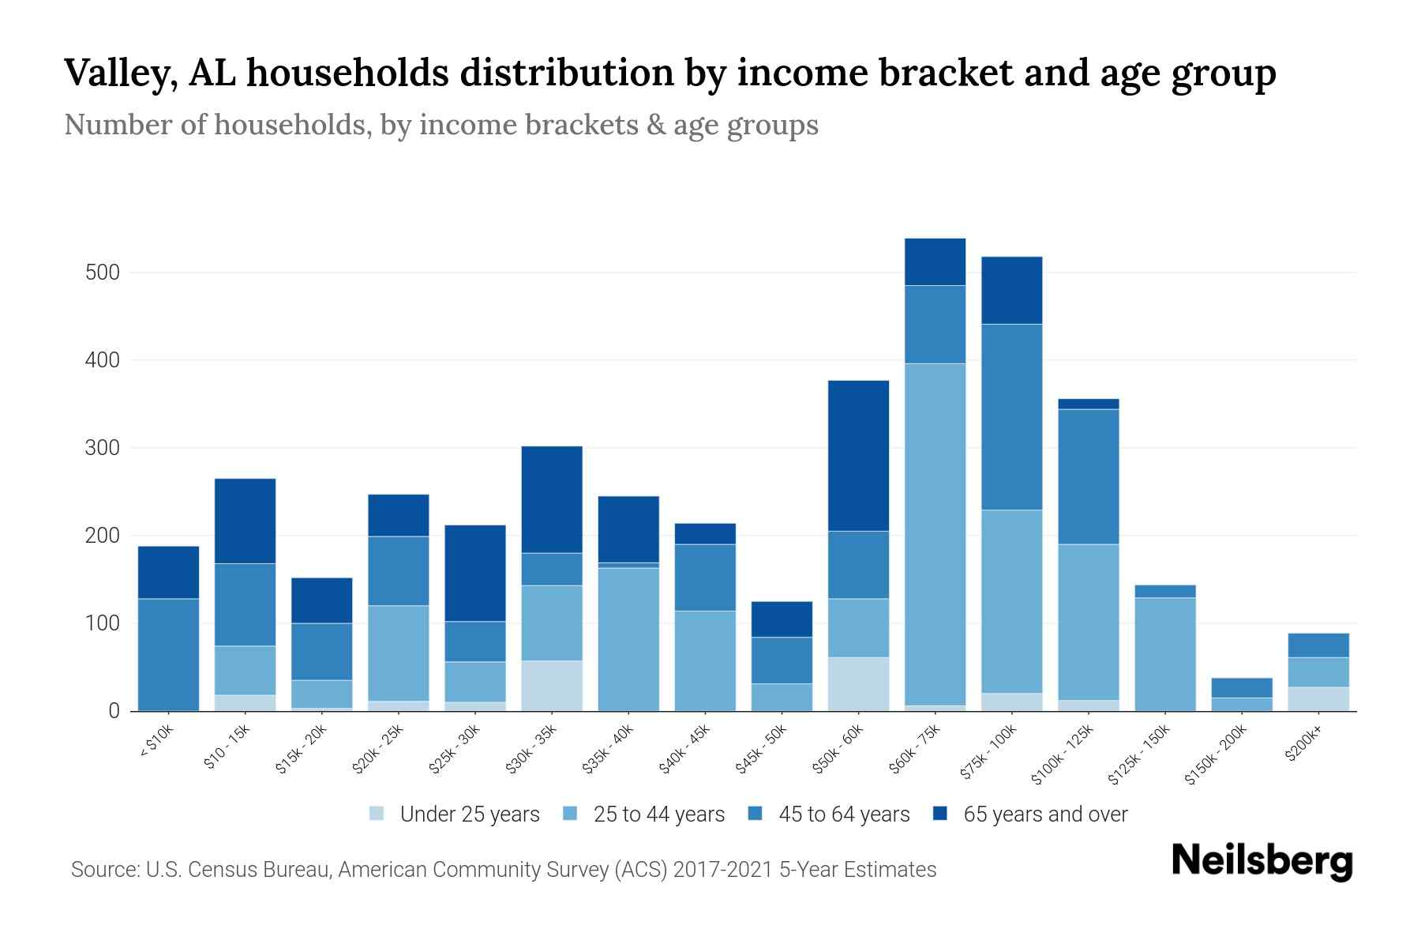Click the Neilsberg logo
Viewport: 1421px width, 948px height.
tap(1262, 861)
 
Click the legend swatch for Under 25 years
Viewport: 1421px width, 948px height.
tap(377, 814)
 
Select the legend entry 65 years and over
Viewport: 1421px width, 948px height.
tap(1044, 814)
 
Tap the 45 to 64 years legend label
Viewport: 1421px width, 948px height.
tap(843, 814)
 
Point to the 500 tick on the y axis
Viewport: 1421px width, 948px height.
tap(102, 273)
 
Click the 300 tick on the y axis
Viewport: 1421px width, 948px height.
tap(102, 448)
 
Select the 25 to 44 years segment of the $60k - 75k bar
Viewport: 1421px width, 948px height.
tap(935, 534)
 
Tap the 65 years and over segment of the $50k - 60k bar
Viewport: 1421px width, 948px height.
tap(858, 456)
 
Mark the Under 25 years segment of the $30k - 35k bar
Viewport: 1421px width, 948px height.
tap(552, 686)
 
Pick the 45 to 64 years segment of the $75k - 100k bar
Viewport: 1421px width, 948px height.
tap(1011, 417)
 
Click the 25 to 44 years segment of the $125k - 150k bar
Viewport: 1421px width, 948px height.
tap(1164, 654)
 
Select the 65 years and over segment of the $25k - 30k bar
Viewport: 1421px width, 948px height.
tap(475, 573)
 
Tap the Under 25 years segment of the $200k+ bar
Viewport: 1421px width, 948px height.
tap(1318, 699)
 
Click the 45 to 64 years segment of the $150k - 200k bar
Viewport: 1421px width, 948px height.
tap(1241, 688)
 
